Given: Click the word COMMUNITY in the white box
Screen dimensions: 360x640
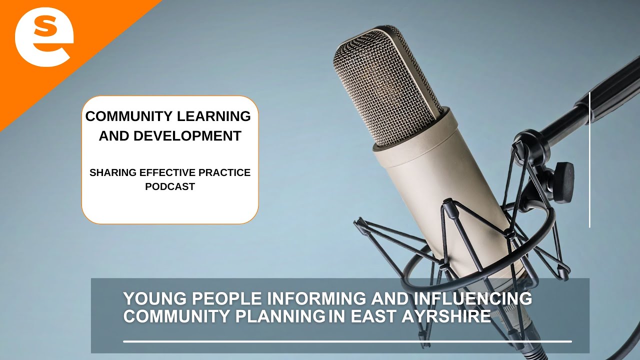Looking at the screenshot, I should (125, 116).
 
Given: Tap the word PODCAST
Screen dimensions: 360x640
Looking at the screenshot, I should (170, 187).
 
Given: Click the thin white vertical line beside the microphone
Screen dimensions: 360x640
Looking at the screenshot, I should (590, 160).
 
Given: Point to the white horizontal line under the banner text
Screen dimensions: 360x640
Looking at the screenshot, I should (347, 342).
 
